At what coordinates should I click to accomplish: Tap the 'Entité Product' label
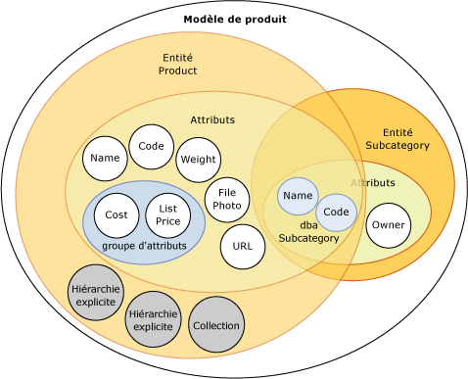tap(177, 65)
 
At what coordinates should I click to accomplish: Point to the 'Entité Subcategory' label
tap(397, 139)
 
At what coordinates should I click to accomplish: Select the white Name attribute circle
tap(105, 159)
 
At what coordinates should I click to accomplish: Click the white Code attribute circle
tap(151, 147)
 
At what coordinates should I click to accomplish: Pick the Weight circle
tap(198, 160)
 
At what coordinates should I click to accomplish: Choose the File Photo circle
tap(227, 200)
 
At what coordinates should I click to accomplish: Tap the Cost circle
tap(117, 215)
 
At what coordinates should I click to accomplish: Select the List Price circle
tap(167, 215)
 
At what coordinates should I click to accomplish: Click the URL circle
tap(242, 247)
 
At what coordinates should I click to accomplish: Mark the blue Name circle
tap(298, 196)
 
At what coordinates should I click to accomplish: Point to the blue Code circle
tap(336, 213)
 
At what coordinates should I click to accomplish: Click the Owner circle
tap(387, 226)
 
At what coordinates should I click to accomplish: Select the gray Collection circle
tap(215, 325)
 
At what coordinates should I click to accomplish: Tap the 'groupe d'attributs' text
tap(144, 246)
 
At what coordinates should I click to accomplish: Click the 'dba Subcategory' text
tap(308, 232)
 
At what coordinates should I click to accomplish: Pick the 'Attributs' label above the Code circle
tap(212, 120)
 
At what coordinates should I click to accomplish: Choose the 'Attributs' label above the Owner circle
tap(373, 183)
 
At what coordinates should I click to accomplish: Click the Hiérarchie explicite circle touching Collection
tap(154, 319)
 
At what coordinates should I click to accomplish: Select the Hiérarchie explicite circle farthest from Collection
tap(96, 296)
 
